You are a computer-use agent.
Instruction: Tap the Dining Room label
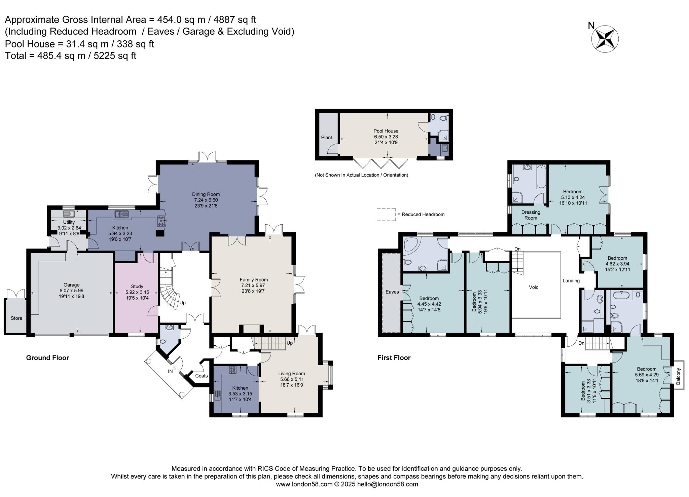(206, 194)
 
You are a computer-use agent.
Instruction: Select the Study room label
(137, 287)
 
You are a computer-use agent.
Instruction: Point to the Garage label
(71, 285)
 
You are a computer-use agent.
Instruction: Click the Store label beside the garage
(16, 318)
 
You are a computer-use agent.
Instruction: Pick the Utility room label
(69, 222)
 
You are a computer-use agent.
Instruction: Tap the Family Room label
(254, 280)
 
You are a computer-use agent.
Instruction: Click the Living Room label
(292, 374)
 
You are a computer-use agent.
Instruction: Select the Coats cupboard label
(202, 376)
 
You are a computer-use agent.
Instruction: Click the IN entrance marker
(171, 371)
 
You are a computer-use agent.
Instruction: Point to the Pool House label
(386, 131)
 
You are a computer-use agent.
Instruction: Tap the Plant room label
(326, 138)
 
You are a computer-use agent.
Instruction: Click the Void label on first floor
(534, 287)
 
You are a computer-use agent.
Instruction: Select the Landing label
(571, 281)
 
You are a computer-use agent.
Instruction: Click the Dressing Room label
(531, 215)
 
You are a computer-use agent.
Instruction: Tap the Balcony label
(678, 376)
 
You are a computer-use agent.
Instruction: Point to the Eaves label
(392, 292)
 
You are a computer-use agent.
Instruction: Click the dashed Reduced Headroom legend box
(386, 214)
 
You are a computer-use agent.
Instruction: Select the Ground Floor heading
(47, 358)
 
